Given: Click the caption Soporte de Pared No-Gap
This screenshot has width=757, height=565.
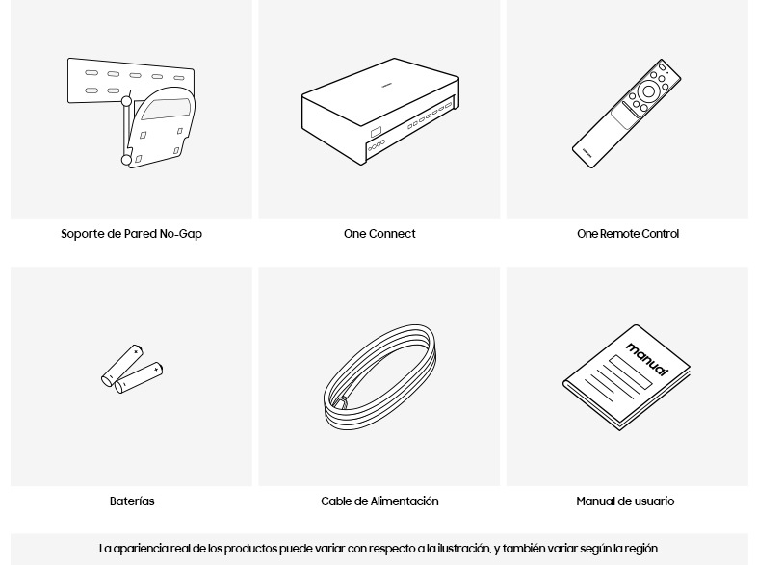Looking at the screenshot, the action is point(131,234).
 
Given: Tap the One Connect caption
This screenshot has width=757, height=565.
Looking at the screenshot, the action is point(379,234).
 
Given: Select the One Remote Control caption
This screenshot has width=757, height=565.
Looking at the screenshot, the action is point(628,234).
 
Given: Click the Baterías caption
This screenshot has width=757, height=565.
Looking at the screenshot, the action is point(132,501).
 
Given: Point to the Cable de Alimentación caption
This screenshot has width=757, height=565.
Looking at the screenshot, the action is point(379,501).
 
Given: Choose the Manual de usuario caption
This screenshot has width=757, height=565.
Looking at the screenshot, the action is point(625,501).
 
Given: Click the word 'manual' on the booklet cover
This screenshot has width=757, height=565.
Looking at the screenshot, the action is point(647,359).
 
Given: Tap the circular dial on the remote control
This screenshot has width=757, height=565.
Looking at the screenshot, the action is point(648,91).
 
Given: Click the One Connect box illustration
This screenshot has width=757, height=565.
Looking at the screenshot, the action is point(380,111).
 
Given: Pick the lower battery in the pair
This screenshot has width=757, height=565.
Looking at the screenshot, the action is point(139,377).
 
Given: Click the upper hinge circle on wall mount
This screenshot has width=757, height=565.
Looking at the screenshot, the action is point(126,101).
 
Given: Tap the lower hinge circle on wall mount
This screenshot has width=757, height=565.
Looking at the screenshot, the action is point(126,160).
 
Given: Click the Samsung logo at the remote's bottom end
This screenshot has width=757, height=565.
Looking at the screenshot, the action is point(587,152).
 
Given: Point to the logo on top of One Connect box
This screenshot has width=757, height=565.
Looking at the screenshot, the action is point(386,87).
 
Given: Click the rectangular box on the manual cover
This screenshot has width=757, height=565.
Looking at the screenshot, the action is point(630,372).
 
